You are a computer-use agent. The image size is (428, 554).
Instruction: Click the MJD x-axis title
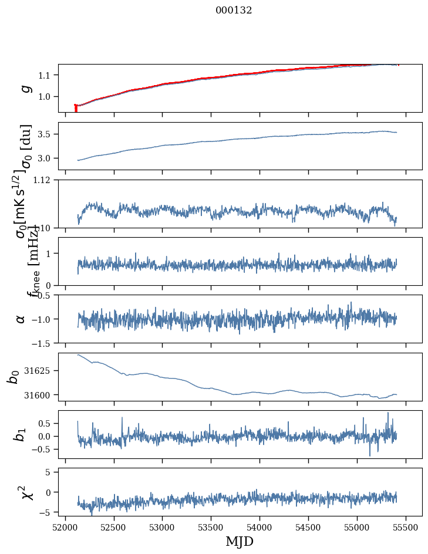click(x=240, y=541)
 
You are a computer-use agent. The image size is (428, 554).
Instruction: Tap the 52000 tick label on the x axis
click(x=65, y=528)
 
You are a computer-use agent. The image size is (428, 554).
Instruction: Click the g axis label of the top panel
click(x=25, y=88)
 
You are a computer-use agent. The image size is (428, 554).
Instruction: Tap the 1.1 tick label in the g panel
click(x=47, y=75)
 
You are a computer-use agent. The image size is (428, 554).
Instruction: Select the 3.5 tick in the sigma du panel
click(x=47, y=134)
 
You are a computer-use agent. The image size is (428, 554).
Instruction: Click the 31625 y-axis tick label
click(x=41, y=371)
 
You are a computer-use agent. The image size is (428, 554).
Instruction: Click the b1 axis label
click(x=21, y=434)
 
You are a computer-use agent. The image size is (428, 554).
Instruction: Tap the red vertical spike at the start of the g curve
click(x=76, y=109)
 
